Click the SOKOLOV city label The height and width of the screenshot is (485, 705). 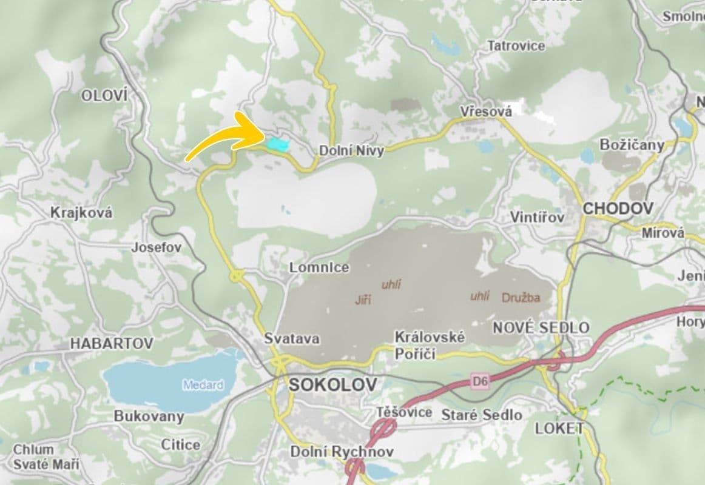(332, 384)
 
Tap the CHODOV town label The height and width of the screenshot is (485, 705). (618, 209)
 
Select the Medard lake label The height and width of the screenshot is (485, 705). (203, 385)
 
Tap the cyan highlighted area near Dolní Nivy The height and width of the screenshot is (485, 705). (278, 144)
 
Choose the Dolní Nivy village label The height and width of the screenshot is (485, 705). (351, 151)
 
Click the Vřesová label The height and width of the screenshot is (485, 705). (486, 112)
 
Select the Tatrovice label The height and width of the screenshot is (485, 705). (516, 45)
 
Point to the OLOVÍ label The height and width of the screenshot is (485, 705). (104, 95)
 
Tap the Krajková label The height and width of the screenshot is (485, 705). (81, 213)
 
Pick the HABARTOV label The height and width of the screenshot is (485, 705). (112, 343)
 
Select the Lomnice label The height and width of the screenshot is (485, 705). (319, 267)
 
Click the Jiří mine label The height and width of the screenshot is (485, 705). (363, 299)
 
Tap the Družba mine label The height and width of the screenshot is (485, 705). (521, 298)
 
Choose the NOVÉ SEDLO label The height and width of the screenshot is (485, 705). (541, 328)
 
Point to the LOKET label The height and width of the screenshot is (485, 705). (559, 429)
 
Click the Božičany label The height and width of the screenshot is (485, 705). (631, 145)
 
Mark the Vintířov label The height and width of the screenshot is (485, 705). (537, 217)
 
